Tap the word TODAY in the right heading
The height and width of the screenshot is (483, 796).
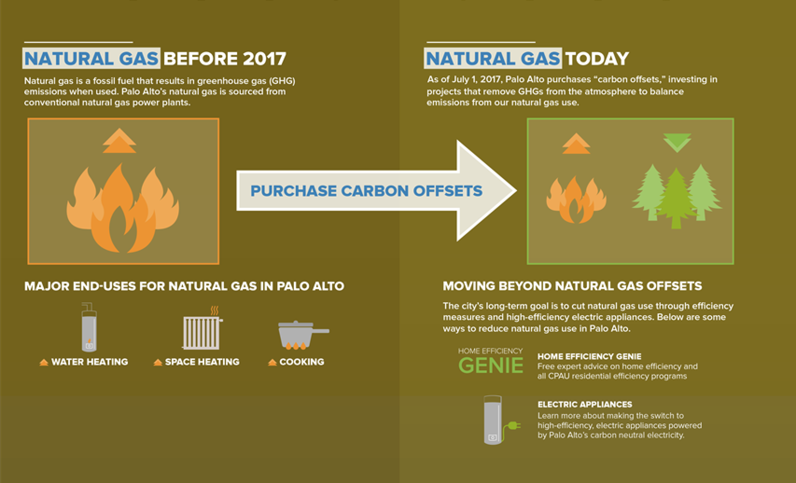click(x=597, y=59)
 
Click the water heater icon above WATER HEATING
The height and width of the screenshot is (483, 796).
click(x=89, y=327)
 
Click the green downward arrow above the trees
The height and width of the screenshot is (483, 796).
click(x=677, y=143)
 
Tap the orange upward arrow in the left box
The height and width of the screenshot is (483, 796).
click(x=119, y=141)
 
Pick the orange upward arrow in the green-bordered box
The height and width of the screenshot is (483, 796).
click(x=576, y=144)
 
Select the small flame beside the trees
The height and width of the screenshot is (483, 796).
click(x=576, y=200)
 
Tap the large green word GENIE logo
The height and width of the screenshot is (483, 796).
click(x=491, y=366)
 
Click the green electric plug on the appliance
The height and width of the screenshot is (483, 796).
click(x=513, y=426)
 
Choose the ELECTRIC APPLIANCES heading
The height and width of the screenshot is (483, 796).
click(x=585, y=405)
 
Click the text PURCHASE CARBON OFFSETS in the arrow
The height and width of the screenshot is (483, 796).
click(x=366, y=191)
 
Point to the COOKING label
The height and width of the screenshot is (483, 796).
click(x=302, y=362)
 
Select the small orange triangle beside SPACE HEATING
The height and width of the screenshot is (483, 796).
click(x=158, y=362)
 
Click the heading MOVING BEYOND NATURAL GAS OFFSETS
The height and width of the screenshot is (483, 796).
click(x=573, y=286)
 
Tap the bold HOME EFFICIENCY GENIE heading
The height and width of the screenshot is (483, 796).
click(x=590, y=357)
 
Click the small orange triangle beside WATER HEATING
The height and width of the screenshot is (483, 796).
click(x=44, y=362)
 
